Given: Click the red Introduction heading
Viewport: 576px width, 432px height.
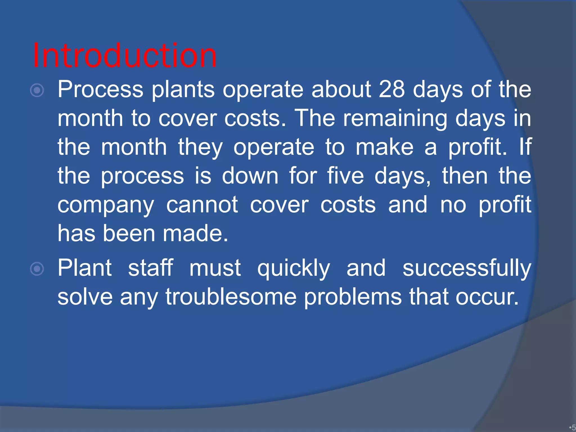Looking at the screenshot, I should coord(125,55).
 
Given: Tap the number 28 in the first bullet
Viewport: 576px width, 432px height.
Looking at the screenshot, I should coord(392,89).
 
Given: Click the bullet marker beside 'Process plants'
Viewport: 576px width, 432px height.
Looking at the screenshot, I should coord(37,91).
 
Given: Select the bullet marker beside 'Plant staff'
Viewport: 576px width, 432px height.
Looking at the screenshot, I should coord(37,269).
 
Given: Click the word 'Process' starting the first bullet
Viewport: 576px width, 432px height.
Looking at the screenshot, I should coord(100,89).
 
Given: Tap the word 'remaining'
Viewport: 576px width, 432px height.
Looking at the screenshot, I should coord(395,119).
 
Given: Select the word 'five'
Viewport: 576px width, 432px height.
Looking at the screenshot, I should coord(345,176).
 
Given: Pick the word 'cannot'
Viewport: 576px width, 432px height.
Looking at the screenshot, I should coord(202,205).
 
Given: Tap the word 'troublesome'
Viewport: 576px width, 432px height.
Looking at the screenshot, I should coord(231,297).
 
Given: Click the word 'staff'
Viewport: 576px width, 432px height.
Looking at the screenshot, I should coord(150,268).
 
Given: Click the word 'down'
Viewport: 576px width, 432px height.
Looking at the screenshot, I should coord(250,176).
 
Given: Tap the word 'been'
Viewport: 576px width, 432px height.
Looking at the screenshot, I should coord(129,233).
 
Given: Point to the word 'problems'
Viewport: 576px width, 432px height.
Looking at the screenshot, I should coord(353,298).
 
